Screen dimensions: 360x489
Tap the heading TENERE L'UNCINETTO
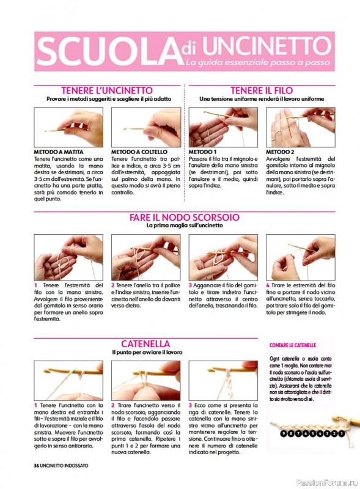(x=107, y=90)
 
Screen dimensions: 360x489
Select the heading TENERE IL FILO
(x=262, y=90)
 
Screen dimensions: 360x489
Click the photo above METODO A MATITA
(x=68, y=127)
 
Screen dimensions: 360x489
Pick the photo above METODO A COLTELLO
(x=146, y=127)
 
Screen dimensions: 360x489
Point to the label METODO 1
(x=202, y=152)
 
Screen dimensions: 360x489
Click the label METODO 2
(x=280, y=152)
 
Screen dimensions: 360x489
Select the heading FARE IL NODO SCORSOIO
(x=185, y=217)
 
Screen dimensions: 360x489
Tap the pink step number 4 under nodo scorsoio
(x=268, y=285)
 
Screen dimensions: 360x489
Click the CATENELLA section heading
(x=145, y=344)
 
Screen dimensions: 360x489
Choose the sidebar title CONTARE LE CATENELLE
(x=293, y=345)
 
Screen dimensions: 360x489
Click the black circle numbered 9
(x=283, y=433)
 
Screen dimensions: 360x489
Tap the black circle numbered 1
(x=341, y=433)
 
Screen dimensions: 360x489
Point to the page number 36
(x=37, y=466)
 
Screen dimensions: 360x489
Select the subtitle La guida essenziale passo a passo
(x=258, y=62)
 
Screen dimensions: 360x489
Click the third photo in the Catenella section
(x=223, y=380)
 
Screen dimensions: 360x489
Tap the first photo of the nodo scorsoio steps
(x=68, y=257)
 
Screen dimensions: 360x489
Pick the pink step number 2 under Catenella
(x=113, y=405)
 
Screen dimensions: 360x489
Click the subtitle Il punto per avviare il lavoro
(x=147, y=353)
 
